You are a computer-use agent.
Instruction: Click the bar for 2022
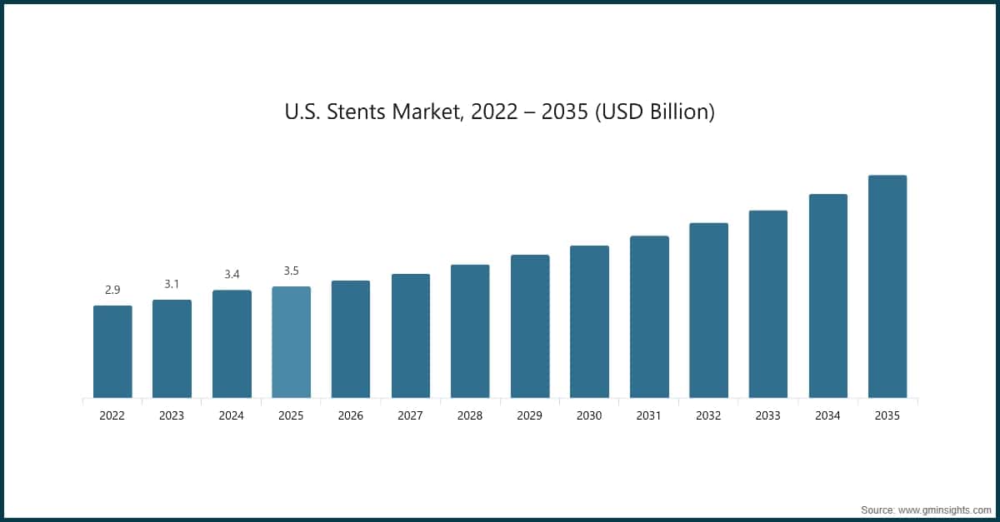(112, 351)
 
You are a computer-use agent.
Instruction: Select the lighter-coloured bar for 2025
(291, 342)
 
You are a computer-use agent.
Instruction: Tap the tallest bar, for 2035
(887, 286)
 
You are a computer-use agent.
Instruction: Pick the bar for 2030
(589, 321)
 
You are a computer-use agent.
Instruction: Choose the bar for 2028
(470, 331)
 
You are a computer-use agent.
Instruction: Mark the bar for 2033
(768, 304)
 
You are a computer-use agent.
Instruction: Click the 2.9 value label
(112, 290)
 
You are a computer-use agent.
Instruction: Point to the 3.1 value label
(172, 284)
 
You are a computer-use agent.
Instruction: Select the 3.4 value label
(232, 274)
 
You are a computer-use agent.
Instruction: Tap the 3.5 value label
(291, 271)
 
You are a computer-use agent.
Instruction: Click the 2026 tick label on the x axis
(351, 415)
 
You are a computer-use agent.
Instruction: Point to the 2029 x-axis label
(530, 415)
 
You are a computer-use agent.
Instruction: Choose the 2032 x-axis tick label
(708, 415)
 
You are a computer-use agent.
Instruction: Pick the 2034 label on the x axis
(827, 415)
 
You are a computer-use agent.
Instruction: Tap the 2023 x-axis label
(172, 415)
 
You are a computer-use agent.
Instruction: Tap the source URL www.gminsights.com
(945, 508)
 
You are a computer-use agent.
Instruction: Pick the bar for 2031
(649, 316)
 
